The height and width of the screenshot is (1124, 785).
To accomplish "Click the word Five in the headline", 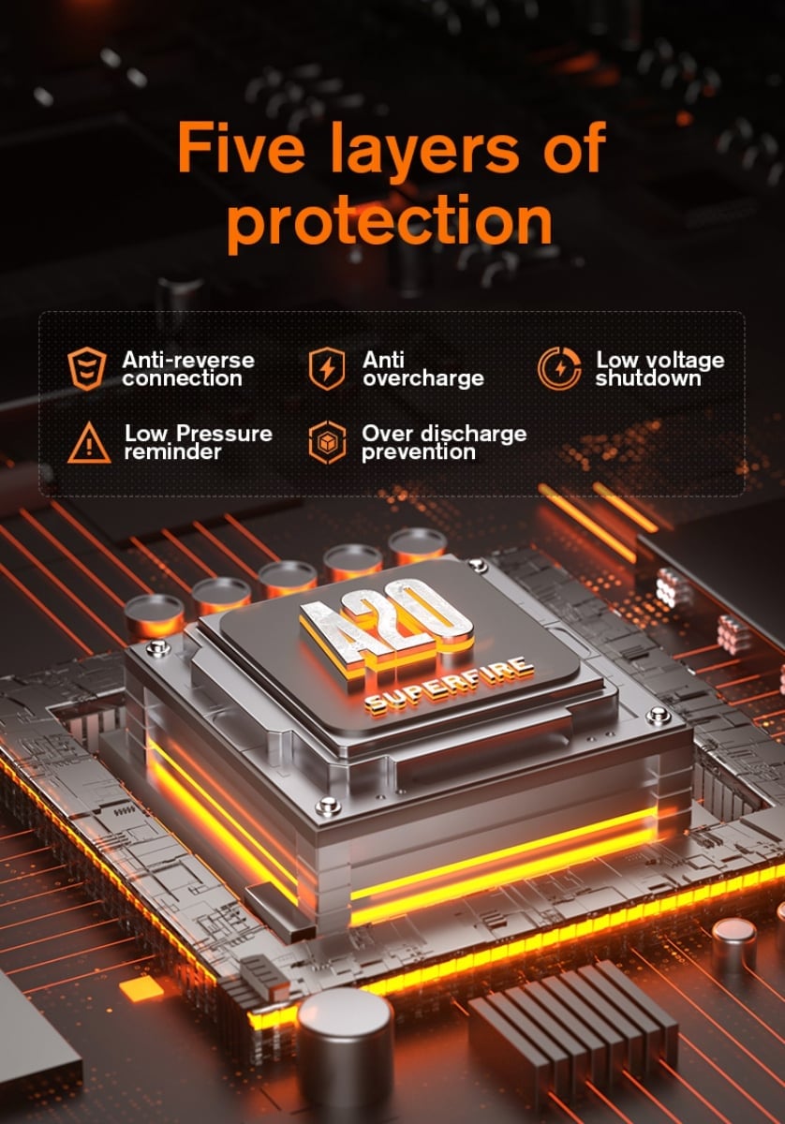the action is (x=241, y=147).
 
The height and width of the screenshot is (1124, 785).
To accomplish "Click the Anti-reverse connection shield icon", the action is (x=87, y=368).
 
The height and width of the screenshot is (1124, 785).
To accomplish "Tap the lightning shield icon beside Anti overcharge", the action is (x=327, y=369).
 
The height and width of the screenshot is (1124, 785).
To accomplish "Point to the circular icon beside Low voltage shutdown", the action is (x=558, y=368).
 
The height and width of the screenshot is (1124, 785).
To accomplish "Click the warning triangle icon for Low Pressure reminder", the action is (x=89, y=442).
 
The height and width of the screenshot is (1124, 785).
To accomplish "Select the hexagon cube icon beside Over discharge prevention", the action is (x=327, y=442).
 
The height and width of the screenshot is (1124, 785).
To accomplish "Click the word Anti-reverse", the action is (x=188, y=360).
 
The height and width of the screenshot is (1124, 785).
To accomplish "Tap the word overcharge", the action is (x=423, y=378).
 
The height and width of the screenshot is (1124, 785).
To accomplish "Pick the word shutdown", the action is (x=648, y=377).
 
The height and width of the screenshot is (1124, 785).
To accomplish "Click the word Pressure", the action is (x=224, y=434).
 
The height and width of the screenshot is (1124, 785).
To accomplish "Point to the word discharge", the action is (x=474, y=434).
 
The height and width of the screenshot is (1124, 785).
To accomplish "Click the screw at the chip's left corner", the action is (x=157, y=648).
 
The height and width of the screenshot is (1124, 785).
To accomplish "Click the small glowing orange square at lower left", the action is (x=141, y=989).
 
